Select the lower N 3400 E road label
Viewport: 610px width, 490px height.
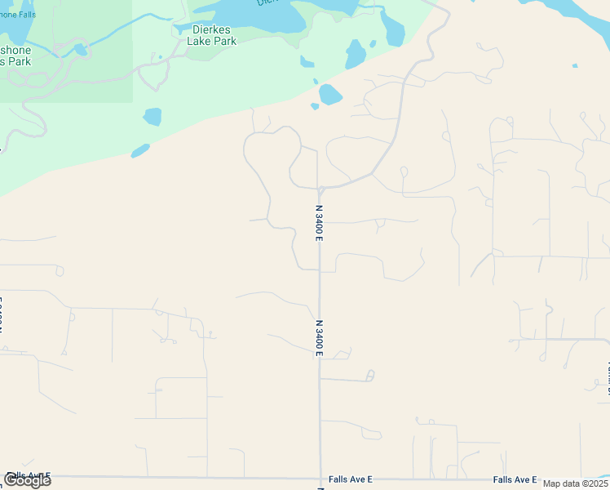[320, 337]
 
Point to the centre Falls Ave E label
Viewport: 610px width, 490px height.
[351, 480]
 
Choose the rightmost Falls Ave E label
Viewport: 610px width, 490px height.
[515, 480]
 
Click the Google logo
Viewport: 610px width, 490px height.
[27, 480]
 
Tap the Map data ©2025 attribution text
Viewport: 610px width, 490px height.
[576, 483]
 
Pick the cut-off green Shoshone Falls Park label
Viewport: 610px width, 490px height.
[16, 55]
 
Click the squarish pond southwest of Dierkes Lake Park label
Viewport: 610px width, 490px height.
[152, 117]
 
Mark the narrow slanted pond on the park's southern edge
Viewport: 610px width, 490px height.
[140, 151]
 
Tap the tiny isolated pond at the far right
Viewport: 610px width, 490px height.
[575, 65]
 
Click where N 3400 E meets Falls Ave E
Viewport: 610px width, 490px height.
[320, 479]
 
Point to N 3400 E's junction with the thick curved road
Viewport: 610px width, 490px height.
[320, 189]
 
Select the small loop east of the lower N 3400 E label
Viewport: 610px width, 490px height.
[370, 376]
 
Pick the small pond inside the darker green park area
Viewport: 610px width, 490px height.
[81, 50]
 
